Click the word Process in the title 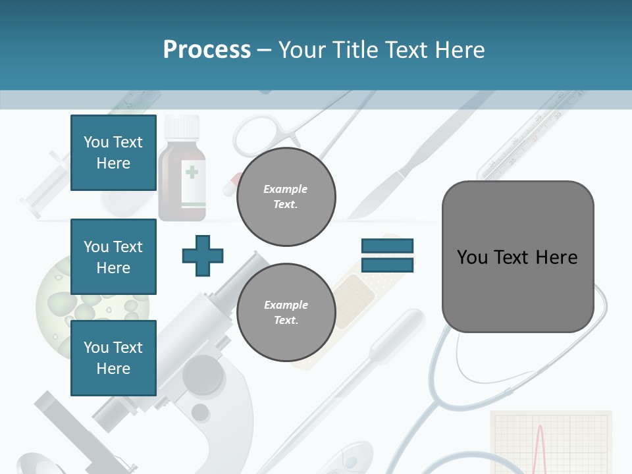click(207, 50)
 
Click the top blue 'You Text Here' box click(113, 153)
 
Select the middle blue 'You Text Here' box click(113, 257)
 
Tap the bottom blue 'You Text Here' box click(113, 358)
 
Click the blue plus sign click(203, 255)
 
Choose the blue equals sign click(387, 255)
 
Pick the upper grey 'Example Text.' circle click(286, 197)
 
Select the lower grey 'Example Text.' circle click(286, 313)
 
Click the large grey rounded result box click(517, 257)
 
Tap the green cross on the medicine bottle click(192, 172)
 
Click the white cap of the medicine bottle click(182, 126)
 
